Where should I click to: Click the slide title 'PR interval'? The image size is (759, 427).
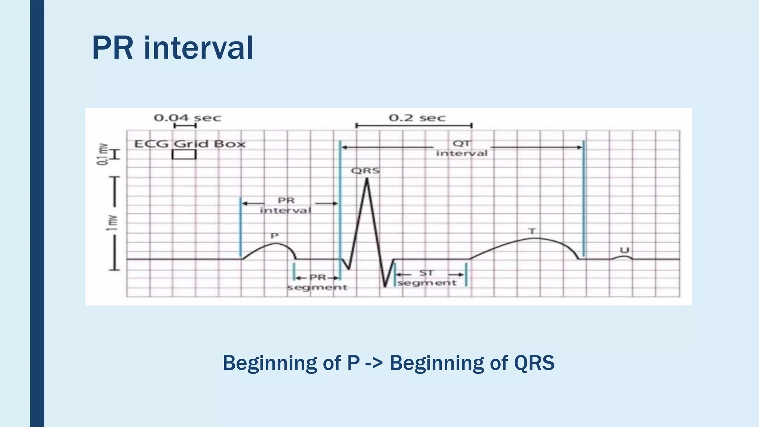coord(172,48)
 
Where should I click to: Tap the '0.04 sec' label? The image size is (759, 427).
coord(187,118)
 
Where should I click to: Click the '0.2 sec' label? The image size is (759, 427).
coord(417,118)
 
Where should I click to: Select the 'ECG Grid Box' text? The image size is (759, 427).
coord(189,144)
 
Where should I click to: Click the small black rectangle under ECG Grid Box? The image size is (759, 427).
coord(184,155)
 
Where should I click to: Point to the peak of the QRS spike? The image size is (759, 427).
coord(367,179)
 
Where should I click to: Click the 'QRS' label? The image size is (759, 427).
coord(365,171)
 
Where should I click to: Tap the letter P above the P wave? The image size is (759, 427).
coord(274,236)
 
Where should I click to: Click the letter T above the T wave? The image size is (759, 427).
coord(532,231)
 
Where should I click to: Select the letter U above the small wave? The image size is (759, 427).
coord(624,250)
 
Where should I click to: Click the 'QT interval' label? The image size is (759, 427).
coord(461,148)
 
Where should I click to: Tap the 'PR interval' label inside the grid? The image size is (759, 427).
coord(285,205)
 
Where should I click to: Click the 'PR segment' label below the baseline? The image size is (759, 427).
coord(317,282)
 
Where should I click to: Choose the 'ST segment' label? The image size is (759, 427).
coord(427,278)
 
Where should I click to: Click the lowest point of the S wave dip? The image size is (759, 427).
coord(385,286)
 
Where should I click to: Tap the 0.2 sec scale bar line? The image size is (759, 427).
coord(414,126)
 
